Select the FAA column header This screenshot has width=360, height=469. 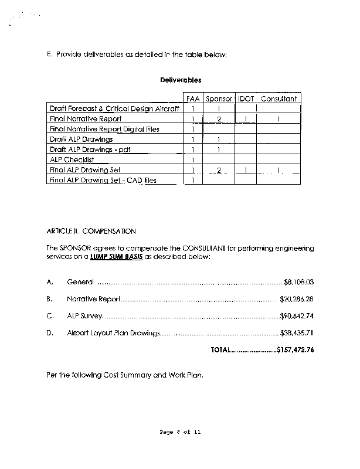(x=193, y=98)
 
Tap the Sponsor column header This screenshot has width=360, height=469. (x=219, y=98)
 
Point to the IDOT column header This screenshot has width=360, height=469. (x=246, y=98)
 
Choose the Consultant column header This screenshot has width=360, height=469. (x=279, y=98)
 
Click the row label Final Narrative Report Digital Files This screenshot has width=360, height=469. (x=104, y=129)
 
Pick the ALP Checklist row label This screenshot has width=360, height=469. (x=72, y=159)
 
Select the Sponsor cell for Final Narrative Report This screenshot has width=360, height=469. (x=218, y=119)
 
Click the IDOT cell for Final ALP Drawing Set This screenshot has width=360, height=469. (x=246, y=170)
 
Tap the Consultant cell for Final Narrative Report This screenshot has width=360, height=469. (x=279, y=119)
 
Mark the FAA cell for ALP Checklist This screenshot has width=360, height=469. (x=193, y=159)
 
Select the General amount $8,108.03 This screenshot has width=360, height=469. (x=299, y=282)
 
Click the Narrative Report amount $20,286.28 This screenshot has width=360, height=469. (x=297, y=299)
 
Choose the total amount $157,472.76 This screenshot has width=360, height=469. (x=296, y=350)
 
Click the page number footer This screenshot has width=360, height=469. (x=181, y=432)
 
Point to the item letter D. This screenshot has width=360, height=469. (x=49, y=333)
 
